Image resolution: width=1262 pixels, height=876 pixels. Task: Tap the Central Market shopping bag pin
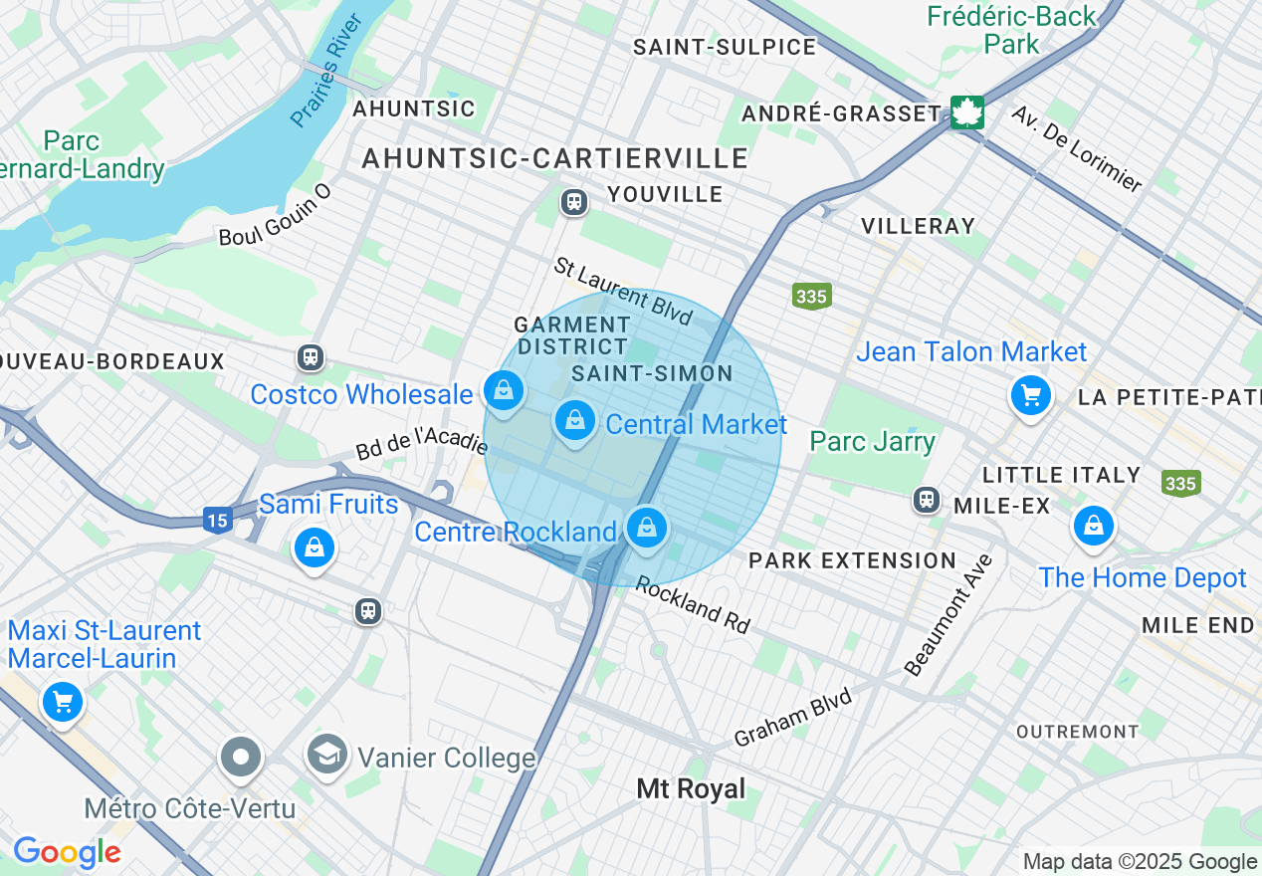574,421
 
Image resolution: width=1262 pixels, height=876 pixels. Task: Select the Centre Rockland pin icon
647,527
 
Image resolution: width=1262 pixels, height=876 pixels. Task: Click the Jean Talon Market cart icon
1031,396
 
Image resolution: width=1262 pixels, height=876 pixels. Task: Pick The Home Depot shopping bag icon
1093,525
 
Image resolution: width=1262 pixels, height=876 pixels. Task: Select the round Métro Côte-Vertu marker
240,758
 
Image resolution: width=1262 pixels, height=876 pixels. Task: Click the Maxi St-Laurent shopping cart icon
63,703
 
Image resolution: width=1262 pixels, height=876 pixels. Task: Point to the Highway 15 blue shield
218,519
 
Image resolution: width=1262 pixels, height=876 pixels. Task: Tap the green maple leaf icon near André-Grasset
965,112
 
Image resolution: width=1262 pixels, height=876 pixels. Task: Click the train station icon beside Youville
573,202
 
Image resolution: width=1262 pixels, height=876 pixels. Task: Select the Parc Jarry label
872,441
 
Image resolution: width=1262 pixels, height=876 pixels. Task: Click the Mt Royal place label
691,789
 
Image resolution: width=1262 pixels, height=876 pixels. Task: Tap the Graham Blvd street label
792,718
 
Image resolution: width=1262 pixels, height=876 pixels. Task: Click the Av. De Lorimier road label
1077,148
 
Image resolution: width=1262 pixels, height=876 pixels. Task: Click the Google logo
67,852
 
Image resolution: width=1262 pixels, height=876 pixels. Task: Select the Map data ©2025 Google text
1140,862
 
